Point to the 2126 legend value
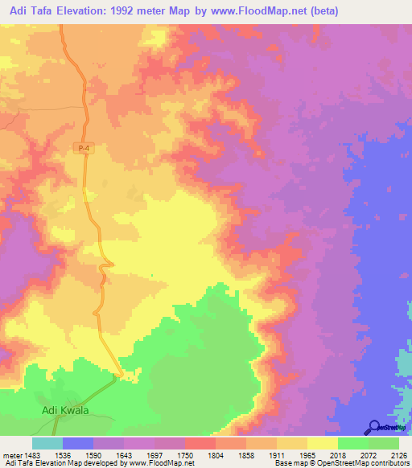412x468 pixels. (398, 455)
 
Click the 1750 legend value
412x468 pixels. (185, 455)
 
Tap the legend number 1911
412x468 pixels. (276, 455)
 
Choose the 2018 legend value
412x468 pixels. (337, 455)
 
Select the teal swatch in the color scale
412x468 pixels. (47, 443)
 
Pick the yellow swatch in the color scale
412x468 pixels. (322, 443)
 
